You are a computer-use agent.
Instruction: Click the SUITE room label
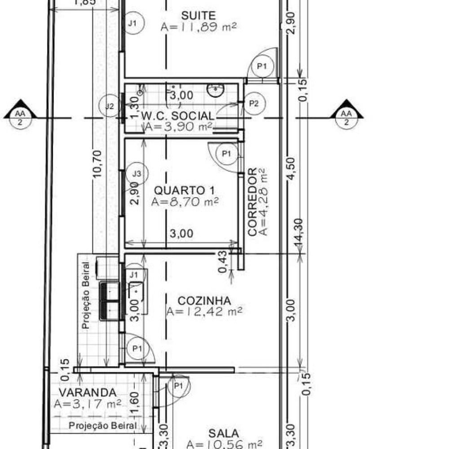click(198, 15)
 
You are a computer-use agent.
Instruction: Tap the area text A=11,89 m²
click(199, 27)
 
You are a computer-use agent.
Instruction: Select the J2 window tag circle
click(110, 106)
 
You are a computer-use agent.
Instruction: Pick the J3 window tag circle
click(137, 173)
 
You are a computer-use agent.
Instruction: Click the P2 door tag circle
click(254, 103)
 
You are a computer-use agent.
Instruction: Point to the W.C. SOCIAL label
click(177, 116)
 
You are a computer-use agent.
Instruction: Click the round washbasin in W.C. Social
click(216, 90)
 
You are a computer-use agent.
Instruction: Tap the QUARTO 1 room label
click(184, 190)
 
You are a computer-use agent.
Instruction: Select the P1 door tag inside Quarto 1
click(227, 154)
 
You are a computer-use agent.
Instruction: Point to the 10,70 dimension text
click(97, 164)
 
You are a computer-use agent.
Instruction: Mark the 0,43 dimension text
click(223, 261)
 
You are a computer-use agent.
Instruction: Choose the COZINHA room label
click(204, 301)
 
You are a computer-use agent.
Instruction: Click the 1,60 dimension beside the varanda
click(135, 403)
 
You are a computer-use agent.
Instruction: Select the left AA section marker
click(20, 114)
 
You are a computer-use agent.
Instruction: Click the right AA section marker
click(347, 114)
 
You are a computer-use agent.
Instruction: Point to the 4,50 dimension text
click(291, 168)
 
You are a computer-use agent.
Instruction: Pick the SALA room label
click(224, 433)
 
